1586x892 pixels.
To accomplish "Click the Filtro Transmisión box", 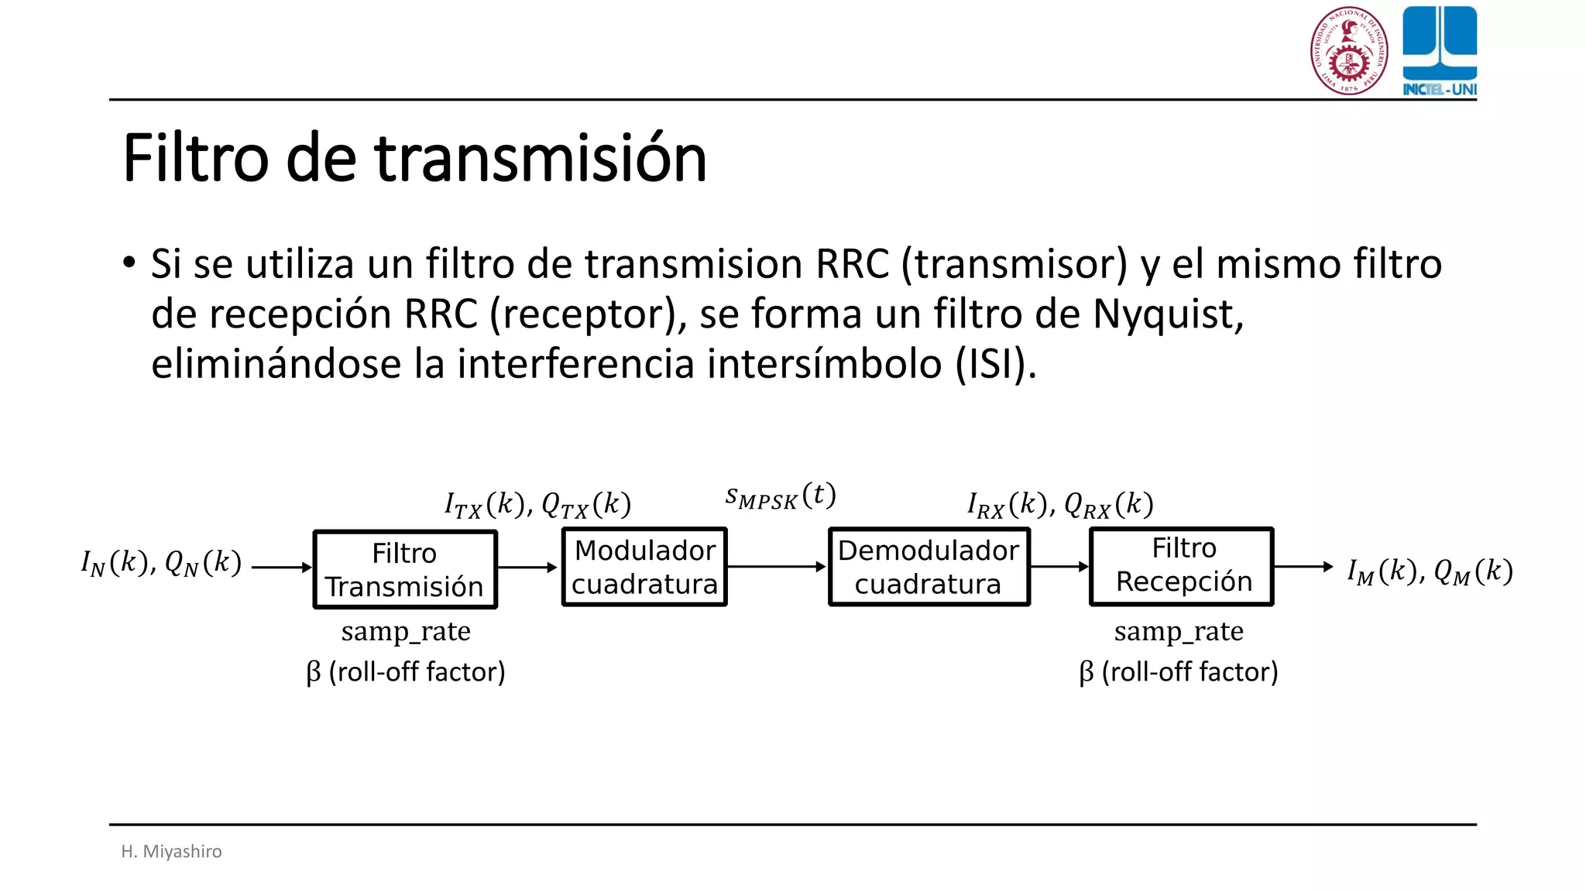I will [x=404, y=569].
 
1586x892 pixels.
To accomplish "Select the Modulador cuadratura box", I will [x=644, y=567].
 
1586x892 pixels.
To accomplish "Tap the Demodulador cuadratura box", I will [x=929, y=567].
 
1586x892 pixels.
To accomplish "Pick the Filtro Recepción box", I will [x=1182, y=566].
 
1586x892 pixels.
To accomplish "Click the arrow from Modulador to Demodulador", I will [x=777, y=567].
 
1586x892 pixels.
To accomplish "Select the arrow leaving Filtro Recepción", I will [x=1303, y=567].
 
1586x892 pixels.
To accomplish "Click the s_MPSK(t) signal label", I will [x=780, y=496].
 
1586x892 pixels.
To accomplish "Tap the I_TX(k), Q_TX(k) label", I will [x=537, y=505].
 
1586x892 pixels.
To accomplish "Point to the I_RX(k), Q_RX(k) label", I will [x=1060, y=505].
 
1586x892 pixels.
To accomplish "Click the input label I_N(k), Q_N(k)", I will [x=161, y=563].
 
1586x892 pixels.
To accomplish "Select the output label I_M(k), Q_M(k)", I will [x=1430, y=571].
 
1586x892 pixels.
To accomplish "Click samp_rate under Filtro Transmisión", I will [x=406, y=632].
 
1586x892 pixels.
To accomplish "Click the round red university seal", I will [x=1349, y=51].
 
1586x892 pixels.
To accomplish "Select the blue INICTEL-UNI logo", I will [x=1440, y=51].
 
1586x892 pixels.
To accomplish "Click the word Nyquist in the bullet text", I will [x=1168, y=314].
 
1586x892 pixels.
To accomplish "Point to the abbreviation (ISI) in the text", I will [x=994, y=364].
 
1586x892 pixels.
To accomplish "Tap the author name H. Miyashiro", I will [x=171, y=851].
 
